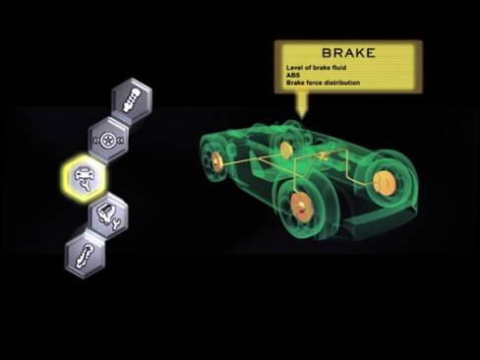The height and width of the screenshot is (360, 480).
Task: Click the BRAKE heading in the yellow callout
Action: coord(348,53)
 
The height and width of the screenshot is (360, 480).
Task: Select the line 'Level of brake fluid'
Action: coord(316,68)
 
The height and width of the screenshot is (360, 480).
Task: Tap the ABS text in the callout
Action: coord(293,75)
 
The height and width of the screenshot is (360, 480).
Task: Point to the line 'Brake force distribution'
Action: coord(323,83)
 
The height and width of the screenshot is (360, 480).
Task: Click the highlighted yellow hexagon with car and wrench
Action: coord(86,177)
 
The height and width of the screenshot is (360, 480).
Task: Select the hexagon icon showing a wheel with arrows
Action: coord(108,141)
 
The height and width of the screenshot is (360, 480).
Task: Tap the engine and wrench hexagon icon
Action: coord(108,214)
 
